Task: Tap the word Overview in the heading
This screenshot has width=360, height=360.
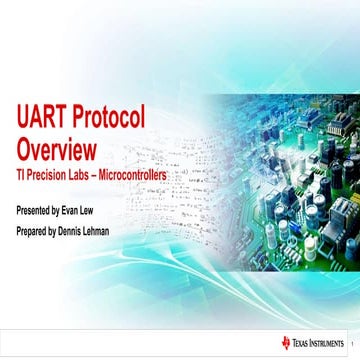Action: (x=56, y=150)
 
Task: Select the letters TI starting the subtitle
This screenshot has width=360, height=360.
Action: (x=21, y=175)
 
